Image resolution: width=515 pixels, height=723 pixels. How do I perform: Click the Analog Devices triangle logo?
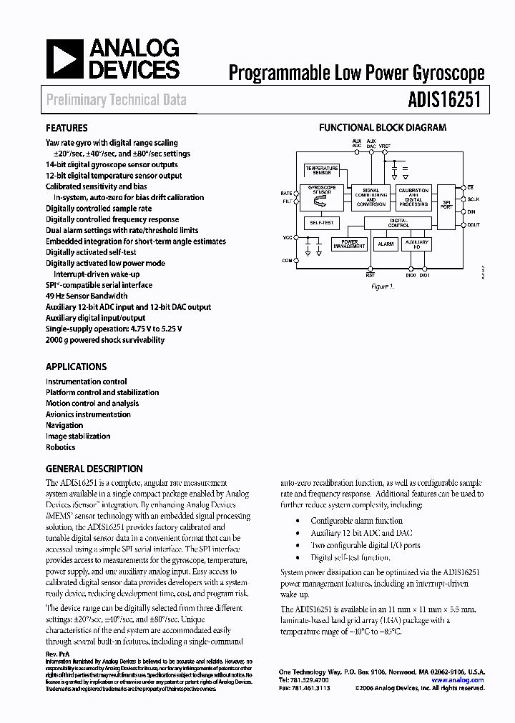point(64,59)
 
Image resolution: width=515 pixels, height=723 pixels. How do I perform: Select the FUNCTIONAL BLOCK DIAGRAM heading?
point(382,128)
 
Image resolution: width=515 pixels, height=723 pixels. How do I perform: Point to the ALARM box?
point(386,244)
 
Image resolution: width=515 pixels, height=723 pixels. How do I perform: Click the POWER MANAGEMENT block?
point(349,244)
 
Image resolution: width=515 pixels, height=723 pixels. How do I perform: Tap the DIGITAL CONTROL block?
point(398,224)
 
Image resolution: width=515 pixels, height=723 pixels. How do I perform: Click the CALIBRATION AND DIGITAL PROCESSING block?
point(413,198)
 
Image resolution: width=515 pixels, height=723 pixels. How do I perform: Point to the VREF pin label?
point(385,146)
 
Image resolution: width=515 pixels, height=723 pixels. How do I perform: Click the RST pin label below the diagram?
point(370,274)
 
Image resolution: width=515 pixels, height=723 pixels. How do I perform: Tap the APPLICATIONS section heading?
point(76,367)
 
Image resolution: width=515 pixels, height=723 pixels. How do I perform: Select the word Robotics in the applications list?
point(60,447)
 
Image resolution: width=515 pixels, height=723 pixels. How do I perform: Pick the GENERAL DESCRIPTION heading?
point(94,469)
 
